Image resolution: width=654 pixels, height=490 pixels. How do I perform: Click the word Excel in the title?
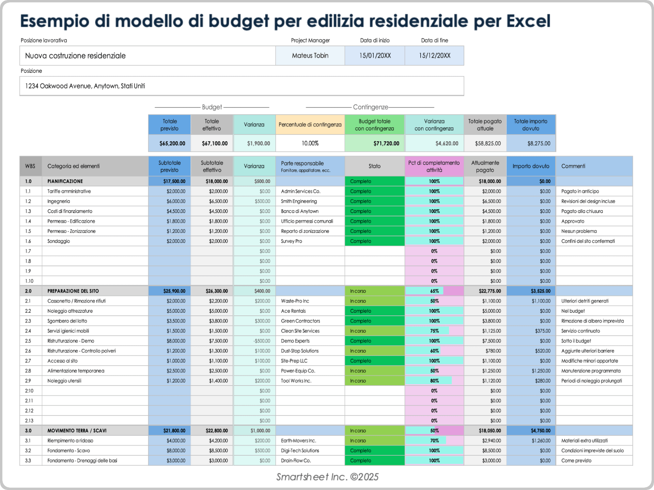point(528,21)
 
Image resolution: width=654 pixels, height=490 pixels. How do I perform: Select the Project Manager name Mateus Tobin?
point(310,55)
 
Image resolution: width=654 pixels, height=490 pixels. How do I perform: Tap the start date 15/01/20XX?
point(375,55)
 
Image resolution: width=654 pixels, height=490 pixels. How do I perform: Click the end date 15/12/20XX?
point(434,55)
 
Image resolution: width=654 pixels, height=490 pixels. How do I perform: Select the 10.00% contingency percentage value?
point(310,143)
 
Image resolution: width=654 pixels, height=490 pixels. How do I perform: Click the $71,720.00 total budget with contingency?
point(386,143)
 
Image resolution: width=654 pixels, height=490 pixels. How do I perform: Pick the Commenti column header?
point(573,166)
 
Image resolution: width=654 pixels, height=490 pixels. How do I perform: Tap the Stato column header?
point(374,166)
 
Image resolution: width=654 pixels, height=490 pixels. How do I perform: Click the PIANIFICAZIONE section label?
point(65,181)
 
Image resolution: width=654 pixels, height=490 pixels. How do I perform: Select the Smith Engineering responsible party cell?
point(299,201)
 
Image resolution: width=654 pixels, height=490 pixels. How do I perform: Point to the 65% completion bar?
point(434,291)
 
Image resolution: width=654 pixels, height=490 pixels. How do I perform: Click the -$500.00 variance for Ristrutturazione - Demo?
point(262,341)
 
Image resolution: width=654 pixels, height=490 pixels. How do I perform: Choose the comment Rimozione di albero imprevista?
point(592,321)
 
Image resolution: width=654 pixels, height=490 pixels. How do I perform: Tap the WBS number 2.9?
point(28,381)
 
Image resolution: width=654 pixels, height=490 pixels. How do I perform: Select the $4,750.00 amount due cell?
point(540,431)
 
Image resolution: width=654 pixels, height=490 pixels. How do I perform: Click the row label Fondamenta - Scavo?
point(68,451)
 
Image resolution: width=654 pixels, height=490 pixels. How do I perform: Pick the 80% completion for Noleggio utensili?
point(434,381)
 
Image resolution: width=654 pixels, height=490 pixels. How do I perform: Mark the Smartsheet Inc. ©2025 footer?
point(327,477)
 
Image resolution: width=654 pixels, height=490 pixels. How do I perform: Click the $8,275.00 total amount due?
point(539,143)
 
